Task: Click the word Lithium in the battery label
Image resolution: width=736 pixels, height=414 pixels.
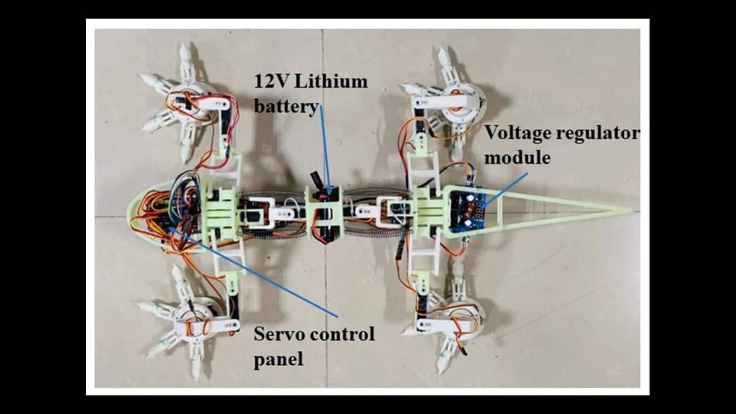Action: [331, 81]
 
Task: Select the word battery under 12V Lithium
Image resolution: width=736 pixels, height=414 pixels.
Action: [286, 107]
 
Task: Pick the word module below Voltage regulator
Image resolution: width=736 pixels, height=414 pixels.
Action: [518, 158]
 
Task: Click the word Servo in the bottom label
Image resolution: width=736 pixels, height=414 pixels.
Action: [279, 334]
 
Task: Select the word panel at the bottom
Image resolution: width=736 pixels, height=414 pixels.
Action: [278, 359]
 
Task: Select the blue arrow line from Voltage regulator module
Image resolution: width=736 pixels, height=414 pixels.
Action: [507, 189]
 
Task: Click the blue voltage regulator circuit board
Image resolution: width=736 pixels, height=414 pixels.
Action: [468, 211]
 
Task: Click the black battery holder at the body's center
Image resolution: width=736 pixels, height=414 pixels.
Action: [324, 213]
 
